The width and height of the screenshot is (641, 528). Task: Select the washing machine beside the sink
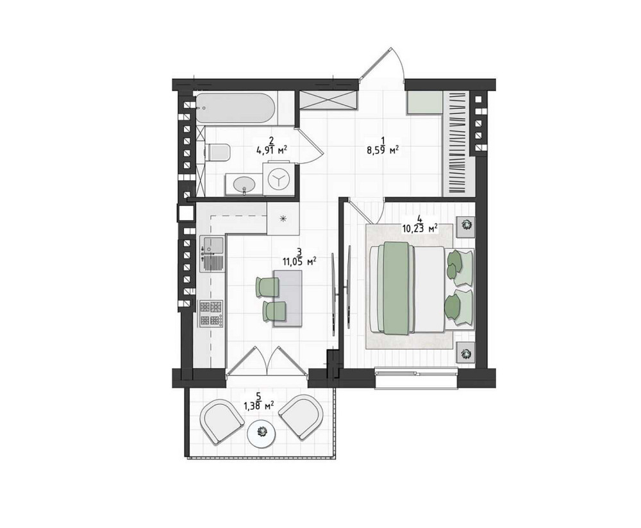[278, 179]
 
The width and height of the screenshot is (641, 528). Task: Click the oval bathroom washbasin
[244, 185]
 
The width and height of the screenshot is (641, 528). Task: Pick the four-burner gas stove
[211, 314]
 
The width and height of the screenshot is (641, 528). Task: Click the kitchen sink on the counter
[212, 254]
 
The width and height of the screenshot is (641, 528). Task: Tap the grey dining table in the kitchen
[288, 298]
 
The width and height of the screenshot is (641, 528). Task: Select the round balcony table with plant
[262, 433]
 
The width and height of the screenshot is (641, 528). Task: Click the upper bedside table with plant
[465, 226]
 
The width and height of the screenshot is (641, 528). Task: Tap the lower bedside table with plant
[465, 352]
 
